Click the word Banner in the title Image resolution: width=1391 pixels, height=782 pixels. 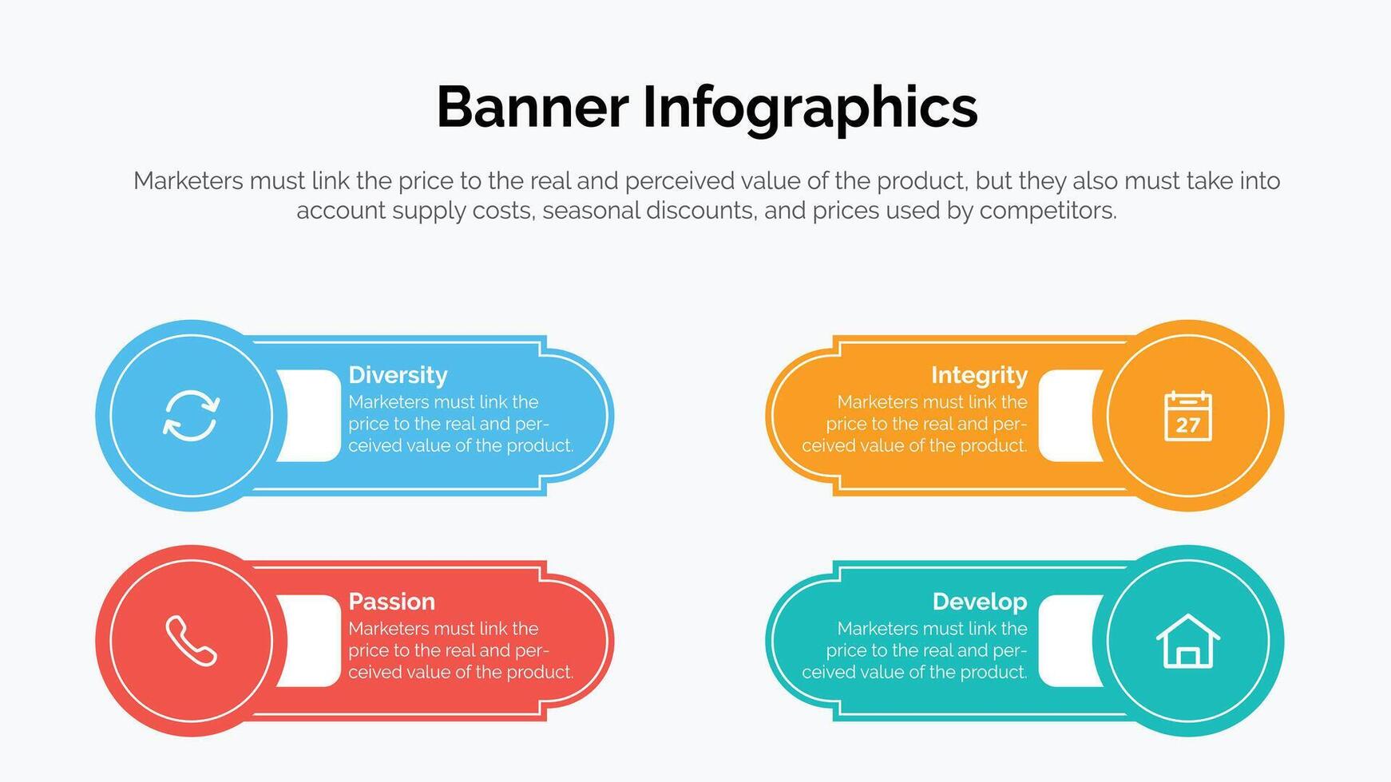(x=533, y=107)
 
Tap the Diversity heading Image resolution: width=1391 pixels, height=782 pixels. (x=398, y=375)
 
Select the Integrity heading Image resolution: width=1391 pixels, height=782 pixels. (x=979, y=375)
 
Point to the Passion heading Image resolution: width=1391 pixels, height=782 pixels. (x=391, y=601)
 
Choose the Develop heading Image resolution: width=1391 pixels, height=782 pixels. (x=980, y=602)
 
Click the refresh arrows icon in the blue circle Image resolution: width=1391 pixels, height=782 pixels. (x=191, y=416)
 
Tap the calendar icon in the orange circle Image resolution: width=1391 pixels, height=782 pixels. (x=1188, y=416)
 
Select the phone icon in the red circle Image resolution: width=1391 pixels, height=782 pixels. (x=191, y=641)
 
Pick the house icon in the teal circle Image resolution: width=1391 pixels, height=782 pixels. (x=1188, y=641)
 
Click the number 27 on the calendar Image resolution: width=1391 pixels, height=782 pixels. (x=1188, y=425)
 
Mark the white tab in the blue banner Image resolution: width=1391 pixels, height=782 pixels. (x=308, y=416)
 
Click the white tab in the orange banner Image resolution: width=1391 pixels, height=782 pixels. (x=1071, y=416)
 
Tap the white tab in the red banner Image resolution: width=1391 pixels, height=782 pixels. (x=308, y=641)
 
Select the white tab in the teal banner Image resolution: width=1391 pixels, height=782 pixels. (x=1071, y=641)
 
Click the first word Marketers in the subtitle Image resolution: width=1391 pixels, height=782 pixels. (x=188, y=181)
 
